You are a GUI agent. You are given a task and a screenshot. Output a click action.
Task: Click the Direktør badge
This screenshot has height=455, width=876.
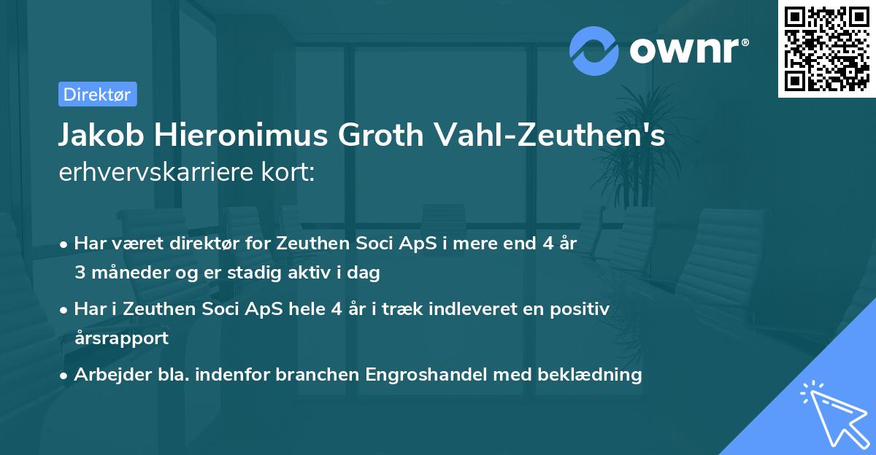click(x=97, y=94)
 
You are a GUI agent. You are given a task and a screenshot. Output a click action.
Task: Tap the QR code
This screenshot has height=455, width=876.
click(x=826, y=48)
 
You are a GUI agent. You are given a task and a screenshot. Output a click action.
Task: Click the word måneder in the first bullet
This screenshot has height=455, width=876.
click(x=123, y=273)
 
